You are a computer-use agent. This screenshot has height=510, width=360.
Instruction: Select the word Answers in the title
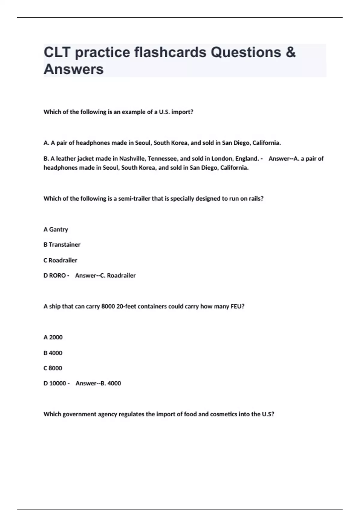point(73,69)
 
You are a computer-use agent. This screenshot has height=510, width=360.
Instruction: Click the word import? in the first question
point(182,112)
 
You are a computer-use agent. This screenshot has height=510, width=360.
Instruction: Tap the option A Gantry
point(56,229)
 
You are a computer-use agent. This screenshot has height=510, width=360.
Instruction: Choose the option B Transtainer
point(62,245)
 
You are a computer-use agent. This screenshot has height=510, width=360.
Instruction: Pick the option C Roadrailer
point(60,260)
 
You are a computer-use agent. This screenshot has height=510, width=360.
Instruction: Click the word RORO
point(57,275)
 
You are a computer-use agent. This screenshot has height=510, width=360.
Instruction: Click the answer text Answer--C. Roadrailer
point(105,275)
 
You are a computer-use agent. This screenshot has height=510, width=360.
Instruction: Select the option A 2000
point(53,337)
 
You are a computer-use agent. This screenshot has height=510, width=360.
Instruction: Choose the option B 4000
point(53,353)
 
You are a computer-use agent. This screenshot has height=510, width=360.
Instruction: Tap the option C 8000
point(53,368)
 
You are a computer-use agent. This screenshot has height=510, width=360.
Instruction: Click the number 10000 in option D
point(58,383)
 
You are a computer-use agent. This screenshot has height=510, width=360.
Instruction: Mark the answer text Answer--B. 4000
point(98,383)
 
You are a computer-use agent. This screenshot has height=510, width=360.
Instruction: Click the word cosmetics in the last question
point(223,414)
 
